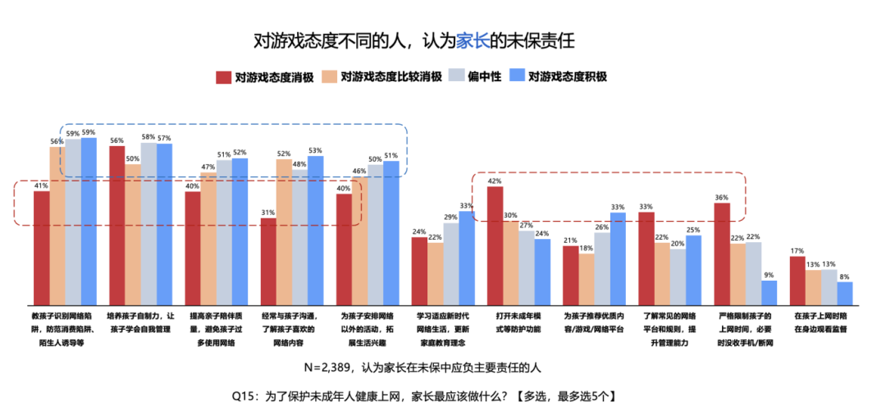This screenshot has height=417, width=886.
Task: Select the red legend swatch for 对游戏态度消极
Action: (222, 77)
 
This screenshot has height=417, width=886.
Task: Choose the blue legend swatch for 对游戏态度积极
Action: (518, 77)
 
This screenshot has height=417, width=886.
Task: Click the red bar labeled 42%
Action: (495, 245)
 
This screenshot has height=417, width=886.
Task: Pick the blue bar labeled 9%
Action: (769, 292)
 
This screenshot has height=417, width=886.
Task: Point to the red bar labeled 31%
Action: (268, 260)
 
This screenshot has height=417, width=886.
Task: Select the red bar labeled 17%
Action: (797, 280)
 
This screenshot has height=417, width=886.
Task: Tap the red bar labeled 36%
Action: (722, 253)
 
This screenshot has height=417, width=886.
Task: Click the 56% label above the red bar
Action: (116, 140)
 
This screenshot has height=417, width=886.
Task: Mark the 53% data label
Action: (316, 150)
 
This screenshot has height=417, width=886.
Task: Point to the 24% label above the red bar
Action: (419, 231)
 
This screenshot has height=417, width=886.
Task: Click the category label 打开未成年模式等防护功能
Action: (518, 321)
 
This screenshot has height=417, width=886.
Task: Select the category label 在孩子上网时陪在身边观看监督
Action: (820, 321)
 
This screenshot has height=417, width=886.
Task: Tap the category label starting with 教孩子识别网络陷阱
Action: (64, 328)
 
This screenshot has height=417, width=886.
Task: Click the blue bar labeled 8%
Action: (845, 293)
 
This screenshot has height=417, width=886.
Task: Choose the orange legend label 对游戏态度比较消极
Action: (391, 77)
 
